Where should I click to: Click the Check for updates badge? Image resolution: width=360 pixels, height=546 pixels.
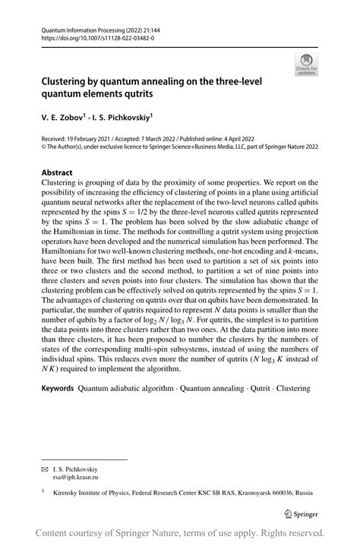coord(306,63)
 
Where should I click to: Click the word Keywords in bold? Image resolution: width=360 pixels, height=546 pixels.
coord(58,388)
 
